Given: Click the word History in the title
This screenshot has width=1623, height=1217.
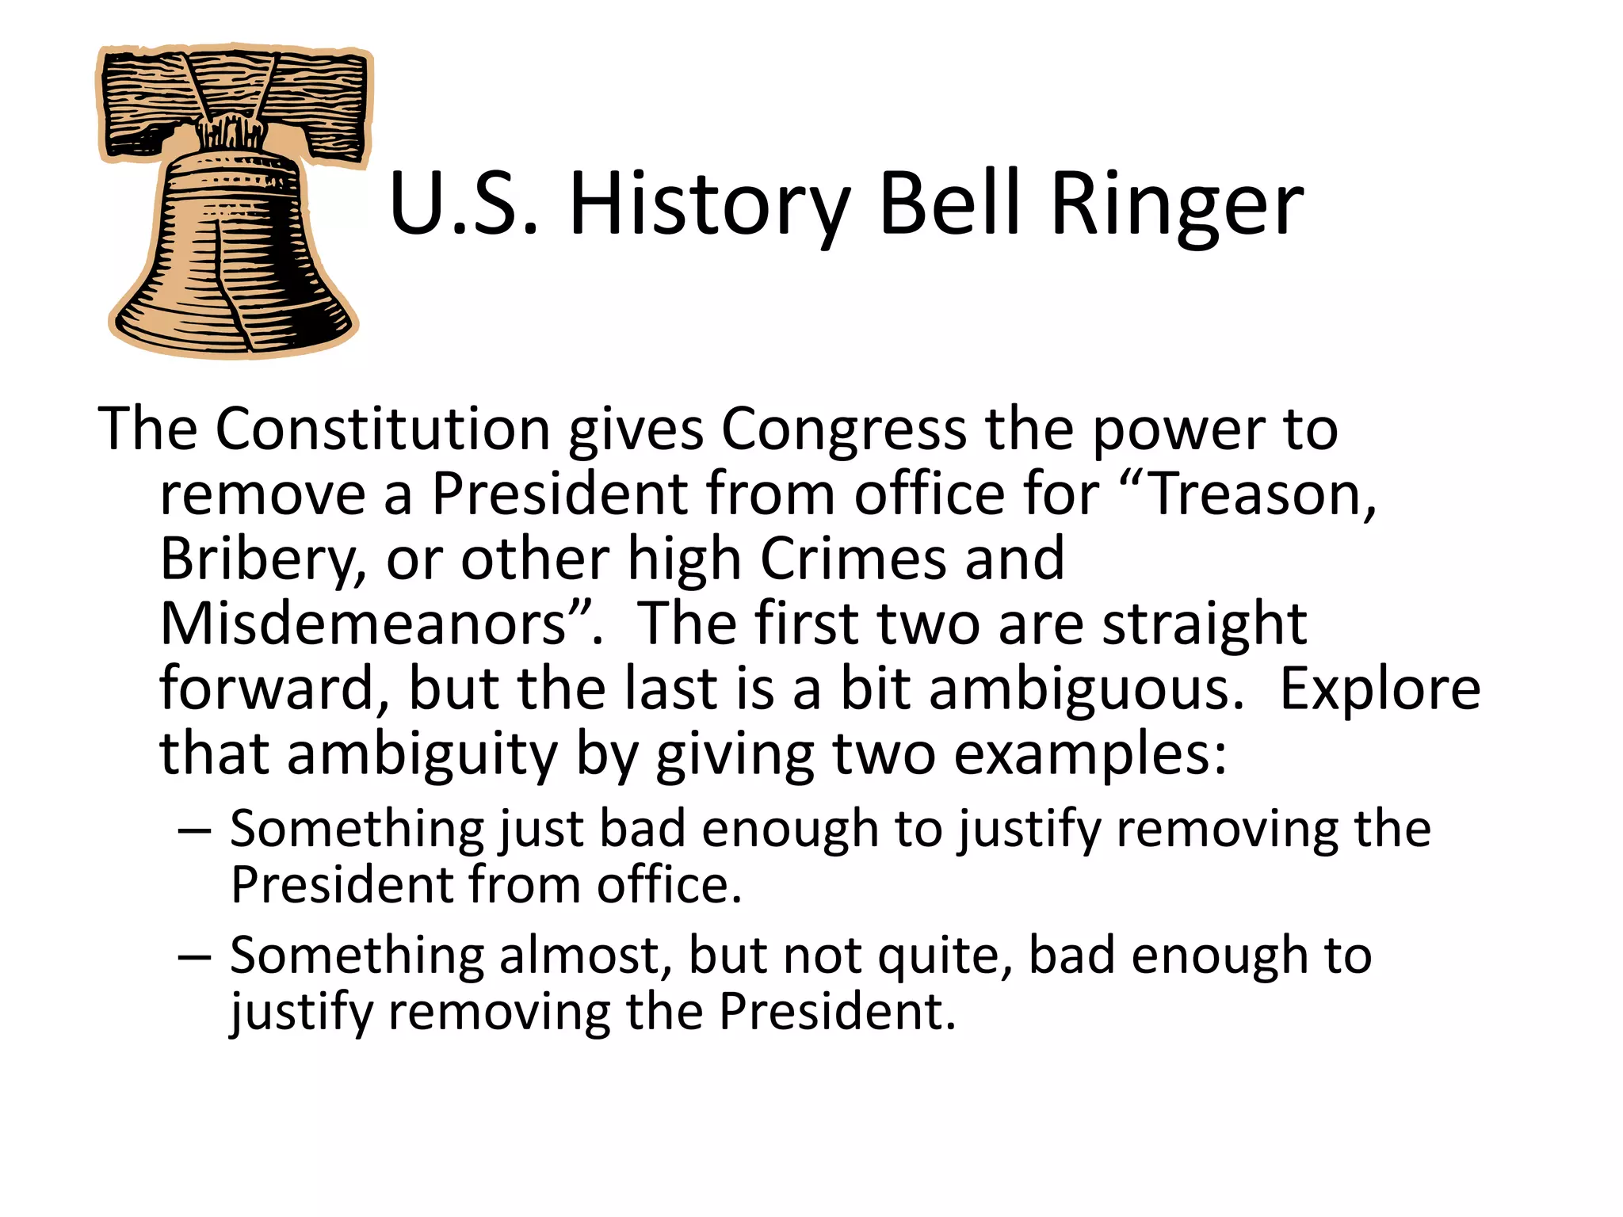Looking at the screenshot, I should [x=709, y=206].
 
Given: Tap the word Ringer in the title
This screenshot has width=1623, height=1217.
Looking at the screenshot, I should [x=1176, y=206].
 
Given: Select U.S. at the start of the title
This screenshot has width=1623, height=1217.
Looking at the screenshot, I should [x=464, y=206].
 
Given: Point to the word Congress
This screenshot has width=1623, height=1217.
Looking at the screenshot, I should [x=843, y=429].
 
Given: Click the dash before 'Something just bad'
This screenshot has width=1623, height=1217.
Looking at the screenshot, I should [x=195, y=830].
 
